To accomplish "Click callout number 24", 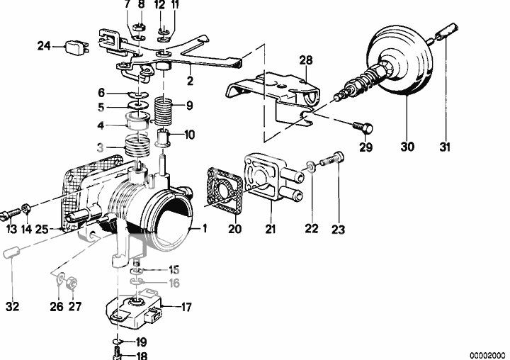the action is pyautogui.click(x=44, y=46).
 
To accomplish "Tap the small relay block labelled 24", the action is pyautogui.click(x=76, y=47).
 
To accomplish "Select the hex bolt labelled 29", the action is pyautogui.click(x=363, y=128).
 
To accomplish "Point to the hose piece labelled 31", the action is pyautogui.click(x=447, y=32).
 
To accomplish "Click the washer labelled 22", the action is pyautogui.click(x=311, y=167).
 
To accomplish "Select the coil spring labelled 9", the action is pyautogui.click(x=164, y=111).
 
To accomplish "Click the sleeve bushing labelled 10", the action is pyautogui.click(x=163, y=137).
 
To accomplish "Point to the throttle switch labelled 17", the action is pyautogui.click(x=135, y=307).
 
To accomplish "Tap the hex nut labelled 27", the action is pyautogui.click(x=72, y=282).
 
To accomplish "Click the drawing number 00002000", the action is pyautogui.click(x=487, y=355).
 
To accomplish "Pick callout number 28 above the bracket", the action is pyautogui.click(x=306, y=60).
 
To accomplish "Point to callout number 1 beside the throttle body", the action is pyautogui.click(x=205, y=228).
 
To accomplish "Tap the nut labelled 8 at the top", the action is pyautogui.click(x=141, y=26).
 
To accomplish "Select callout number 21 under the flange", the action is pyautogui.click(x=271, y=229).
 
